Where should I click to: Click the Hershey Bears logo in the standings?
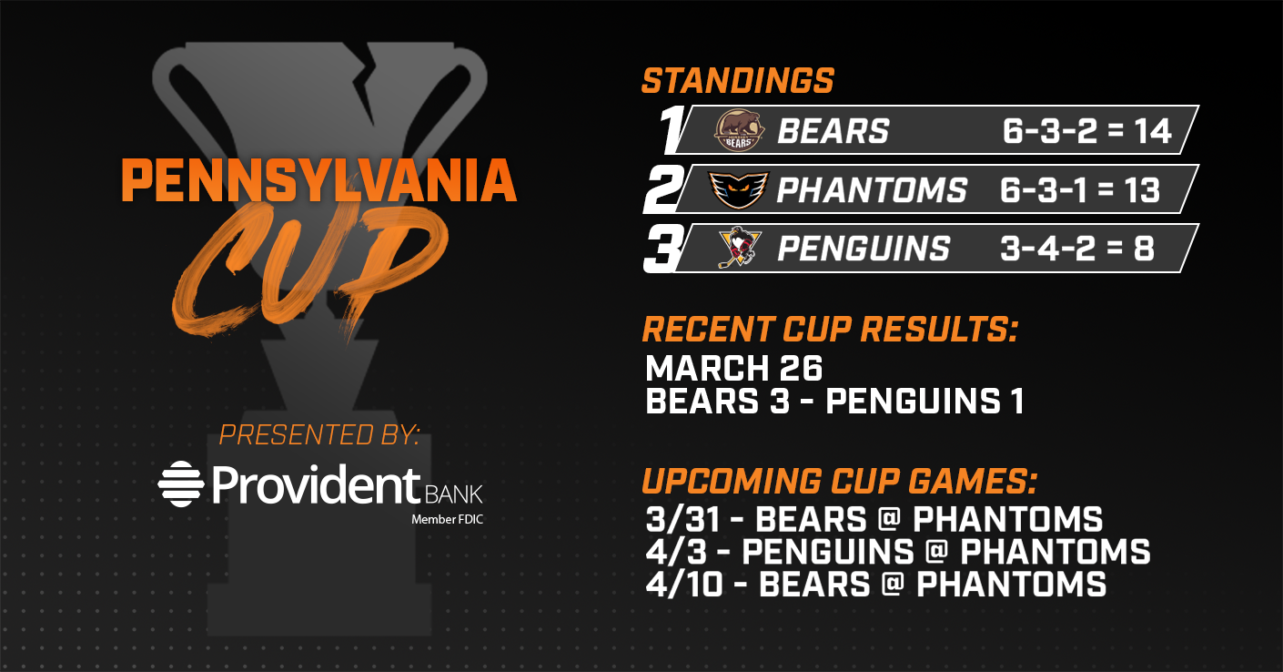point(739,130)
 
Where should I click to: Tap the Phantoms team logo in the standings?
point(738,189)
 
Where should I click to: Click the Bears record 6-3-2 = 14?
point(1086,131)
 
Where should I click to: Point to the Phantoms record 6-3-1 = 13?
point(1080,189)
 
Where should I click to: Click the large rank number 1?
point(672,129)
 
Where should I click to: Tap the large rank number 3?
point(664,249)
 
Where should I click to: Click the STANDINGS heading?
point(738,81)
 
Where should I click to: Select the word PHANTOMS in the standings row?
point(872,189)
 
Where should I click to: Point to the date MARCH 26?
point(733,368)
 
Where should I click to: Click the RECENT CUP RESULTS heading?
point(830,330)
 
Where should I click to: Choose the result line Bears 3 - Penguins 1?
point(834,401)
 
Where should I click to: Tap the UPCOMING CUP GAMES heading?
point(840,481)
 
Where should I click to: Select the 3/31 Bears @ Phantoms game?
point(874,520)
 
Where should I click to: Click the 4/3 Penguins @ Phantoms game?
point(898,552)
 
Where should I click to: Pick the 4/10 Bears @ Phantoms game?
point(875,585)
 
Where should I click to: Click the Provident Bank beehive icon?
point(181,484)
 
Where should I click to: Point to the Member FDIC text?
point(448,520)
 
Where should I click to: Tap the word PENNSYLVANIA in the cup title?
point(319,180)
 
